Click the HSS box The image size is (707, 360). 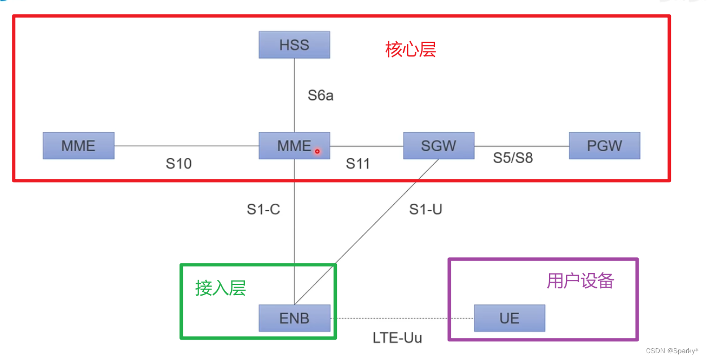(x=294, y=45)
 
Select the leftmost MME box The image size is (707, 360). (x=78, y=146)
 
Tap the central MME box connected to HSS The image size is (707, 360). (x=293, y=146)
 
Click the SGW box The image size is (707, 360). (x=438, y=146)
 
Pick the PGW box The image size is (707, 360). (x=604, y=146)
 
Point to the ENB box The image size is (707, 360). (x=294, y=318)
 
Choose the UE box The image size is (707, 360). (x=509, y=318)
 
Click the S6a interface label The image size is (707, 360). (x=320, y=95)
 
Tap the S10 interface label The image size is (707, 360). (x=178, y=164)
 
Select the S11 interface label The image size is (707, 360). (x=358, y=164)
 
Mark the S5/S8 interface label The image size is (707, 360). (x=512, y=157)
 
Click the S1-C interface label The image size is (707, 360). (x=263, y=209)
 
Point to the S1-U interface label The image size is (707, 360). (x=425, y=209)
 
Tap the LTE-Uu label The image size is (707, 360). (x=397, y=338)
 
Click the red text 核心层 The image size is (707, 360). (x=411, y=50)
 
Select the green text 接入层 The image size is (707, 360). (x=221, y=288)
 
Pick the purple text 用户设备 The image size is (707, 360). (x=580, y=281)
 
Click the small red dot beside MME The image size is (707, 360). (x=317, y=151)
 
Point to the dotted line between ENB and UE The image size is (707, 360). (x=402, y=318)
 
